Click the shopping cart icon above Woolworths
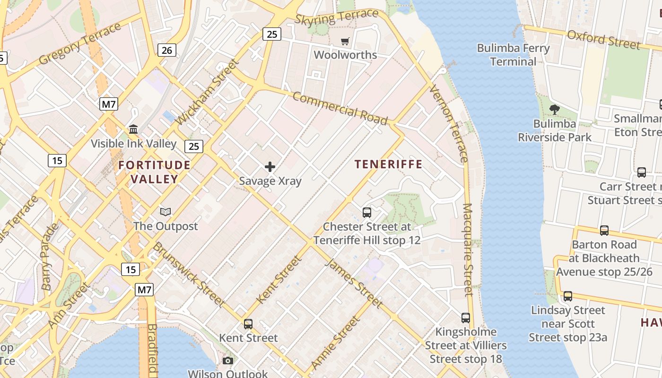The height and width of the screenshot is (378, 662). click(345, 42)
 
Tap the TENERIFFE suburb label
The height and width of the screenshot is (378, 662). click(388, 164)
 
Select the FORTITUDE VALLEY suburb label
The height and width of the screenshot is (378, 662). click(154, 172)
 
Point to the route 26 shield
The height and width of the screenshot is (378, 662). click(167, 50)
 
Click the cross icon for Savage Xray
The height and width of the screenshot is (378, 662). click(270, 167)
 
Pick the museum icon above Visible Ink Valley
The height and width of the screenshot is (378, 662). click(133, 129)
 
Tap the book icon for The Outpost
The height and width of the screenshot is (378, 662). click(165, 212)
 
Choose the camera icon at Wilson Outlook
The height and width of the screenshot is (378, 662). click(228, 361)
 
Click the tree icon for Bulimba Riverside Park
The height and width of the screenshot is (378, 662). click(555, 110)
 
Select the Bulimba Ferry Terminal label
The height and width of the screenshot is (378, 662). click(513, 55)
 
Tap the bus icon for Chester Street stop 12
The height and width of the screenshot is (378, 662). click(367, 213)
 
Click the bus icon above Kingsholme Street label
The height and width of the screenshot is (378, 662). click(466, 318)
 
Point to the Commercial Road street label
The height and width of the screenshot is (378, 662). click(340, 109)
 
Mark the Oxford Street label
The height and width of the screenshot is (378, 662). click(604, 39)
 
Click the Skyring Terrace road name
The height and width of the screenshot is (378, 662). click(336, 17)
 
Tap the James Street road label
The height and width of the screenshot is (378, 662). click(353, 283)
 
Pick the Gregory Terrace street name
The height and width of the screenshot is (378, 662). click(80, 44)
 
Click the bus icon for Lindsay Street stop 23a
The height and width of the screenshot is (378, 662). click(568, 296)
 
